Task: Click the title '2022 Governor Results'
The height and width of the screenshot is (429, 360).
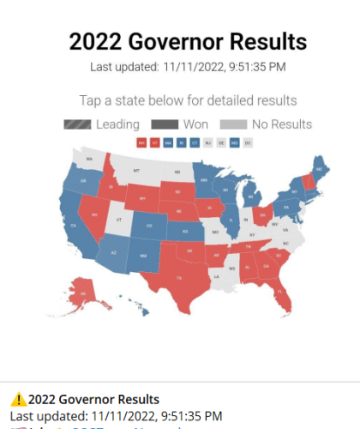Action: tap(188, 41)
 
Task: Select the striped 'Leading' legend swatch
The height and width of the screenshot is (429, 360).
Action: tap(77, 124)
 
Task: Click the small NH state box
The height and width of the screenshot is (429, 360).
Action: tap(141, 142)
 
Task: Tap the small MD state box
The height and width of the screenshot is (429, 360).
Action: tap(235, 142)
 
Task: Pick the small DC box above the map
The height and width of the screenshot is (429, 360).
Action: tap(249, 142)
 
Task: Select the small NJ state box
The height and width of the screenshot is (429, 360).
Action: tap(208, 142)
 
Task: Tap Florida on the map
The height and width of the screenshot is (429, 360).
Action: tap(283, 296)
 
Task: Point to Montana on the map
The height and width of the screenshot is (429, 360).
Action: tap(135, 172)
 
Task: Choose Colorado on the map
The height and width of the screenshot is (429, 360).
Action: tap(151, 227)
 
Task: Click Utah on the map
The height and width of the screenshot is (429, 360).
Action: tap(119, 221)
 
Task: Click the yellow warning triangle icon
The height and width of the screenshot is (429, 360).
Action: tap(18, 399)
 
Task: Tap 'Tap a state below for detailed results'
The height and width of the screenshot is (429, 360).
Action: tap(188, 100)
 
